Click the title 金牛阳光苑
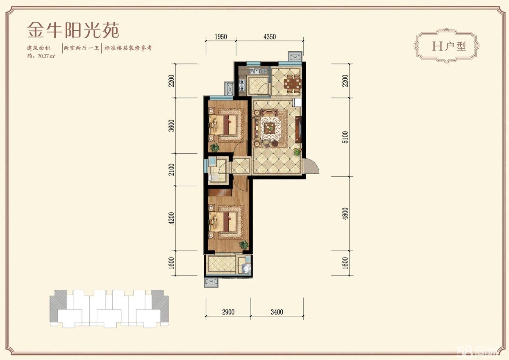(73, 30)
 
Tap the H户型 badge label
(449, 46)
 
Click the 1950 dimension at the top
(220, 37)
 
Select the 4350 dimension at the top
(270, 37)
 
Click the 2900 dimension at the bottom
(228, 312)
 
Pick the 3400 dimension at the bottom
(277, 312)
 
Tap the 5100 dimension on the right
(345, 137)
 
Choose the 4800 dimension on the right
(345, 214)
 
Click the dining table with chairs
(293, 83)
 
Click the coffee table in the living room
(270, 127)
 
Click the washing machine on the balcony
(245, 268)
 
